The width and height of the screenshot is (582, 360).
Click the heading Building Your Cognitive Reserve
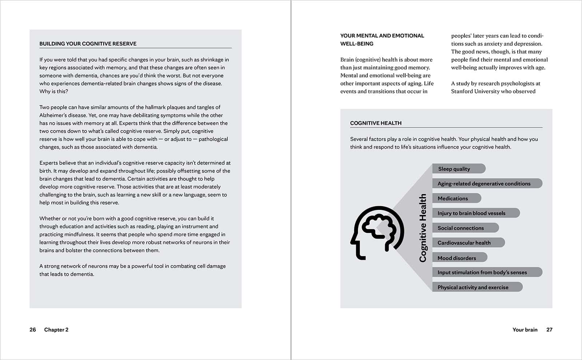88,44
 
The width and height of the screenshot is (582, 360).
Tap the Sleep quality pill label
458,169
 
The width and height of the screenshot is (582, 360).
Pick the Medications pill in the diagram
456,198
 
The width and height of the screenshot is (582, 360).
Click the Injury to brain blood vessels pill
475,213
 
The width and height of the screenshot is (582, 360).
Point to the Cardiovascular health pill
467,243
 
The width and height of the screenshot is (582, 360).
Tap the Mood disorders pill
459,258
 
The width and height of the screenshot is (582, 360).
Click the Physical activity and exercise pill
477,287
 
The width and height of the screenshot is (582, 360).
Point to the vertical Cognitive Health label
423,228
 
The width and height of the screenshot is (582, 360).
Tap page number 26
33,330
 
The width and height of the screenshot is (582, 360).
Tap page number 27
549,330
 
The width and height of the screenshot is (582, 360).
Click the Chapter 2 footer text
56,330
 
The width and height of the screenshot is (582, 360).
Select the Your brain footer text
525,330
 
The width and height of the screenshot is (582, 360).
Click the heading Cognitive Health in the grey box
376,123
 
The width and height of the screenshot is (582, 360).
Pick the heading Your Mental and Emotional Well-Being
382,40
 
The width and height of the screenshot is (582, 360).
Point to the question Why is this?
54,91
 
